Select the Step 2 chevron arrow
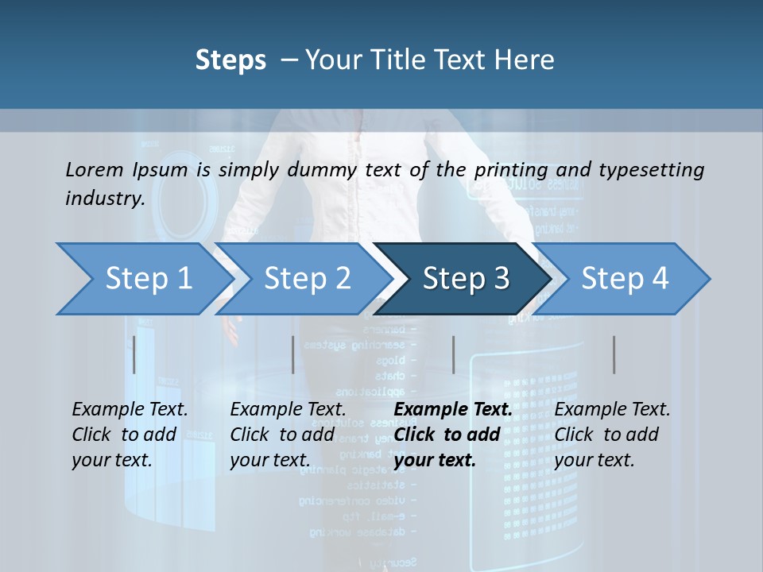coord(307,279)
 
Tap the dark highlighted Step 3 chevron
coord(465,279)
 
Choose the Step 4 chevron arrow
coord(625,279)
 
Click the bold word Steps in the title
coord(230,60)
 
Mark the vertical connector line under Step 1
coord(134,354)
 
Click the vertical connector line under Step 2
coord(293,354)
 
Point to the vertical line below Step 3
coord(453,354)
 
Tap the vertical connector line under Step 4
coord(614,354)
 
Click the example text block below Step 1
coord(130,435)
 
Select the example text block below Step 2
coord(288,435)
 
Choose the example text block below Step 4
coord(612,435)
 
